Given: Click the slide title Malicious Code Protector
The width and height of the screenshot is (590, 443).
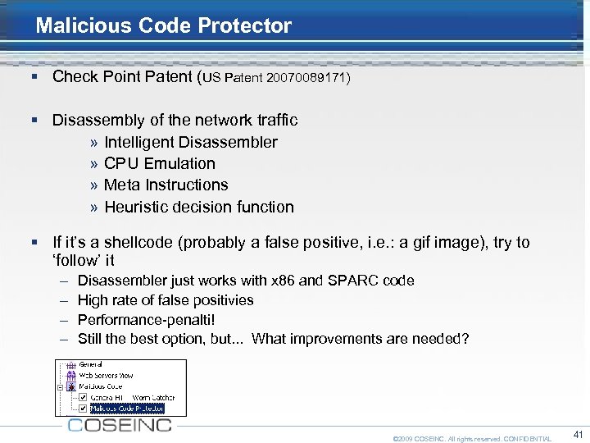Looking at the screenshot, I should (164, 25).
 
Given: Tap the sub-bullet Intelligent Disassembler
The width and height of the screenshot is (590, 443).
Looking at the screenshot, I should (190, 142).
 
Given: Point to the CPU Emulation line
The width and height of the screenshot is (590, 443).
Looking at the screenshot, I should (159, 163).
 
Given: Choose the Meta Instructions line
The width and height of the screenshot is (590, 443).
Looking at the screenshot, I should (166, 185).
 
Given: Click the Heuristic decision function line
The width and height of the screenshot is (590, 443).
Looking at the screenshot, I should (198, 207).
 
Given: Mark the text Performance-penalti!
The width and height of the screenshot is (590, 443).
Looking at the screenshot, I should (146, 320).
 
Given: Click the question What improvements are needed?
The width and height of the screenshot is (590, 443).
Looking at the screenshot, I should (361, 339).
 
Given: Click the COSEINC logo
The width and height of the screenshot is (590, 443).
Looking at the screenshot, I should (120, 425).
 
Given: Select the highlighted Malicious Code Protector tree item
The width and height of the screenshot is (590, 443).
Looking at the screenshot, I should (127, 408).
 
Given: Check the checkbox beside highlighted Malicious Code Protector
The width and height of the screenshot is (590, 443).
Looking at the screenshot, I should (83, 408).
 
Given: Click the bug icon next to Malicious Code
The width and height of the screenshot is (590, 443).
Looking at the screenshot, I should (72, 386).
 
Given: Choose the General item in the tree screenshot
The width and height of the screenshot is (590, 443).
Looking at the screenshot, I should (90, 364).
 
